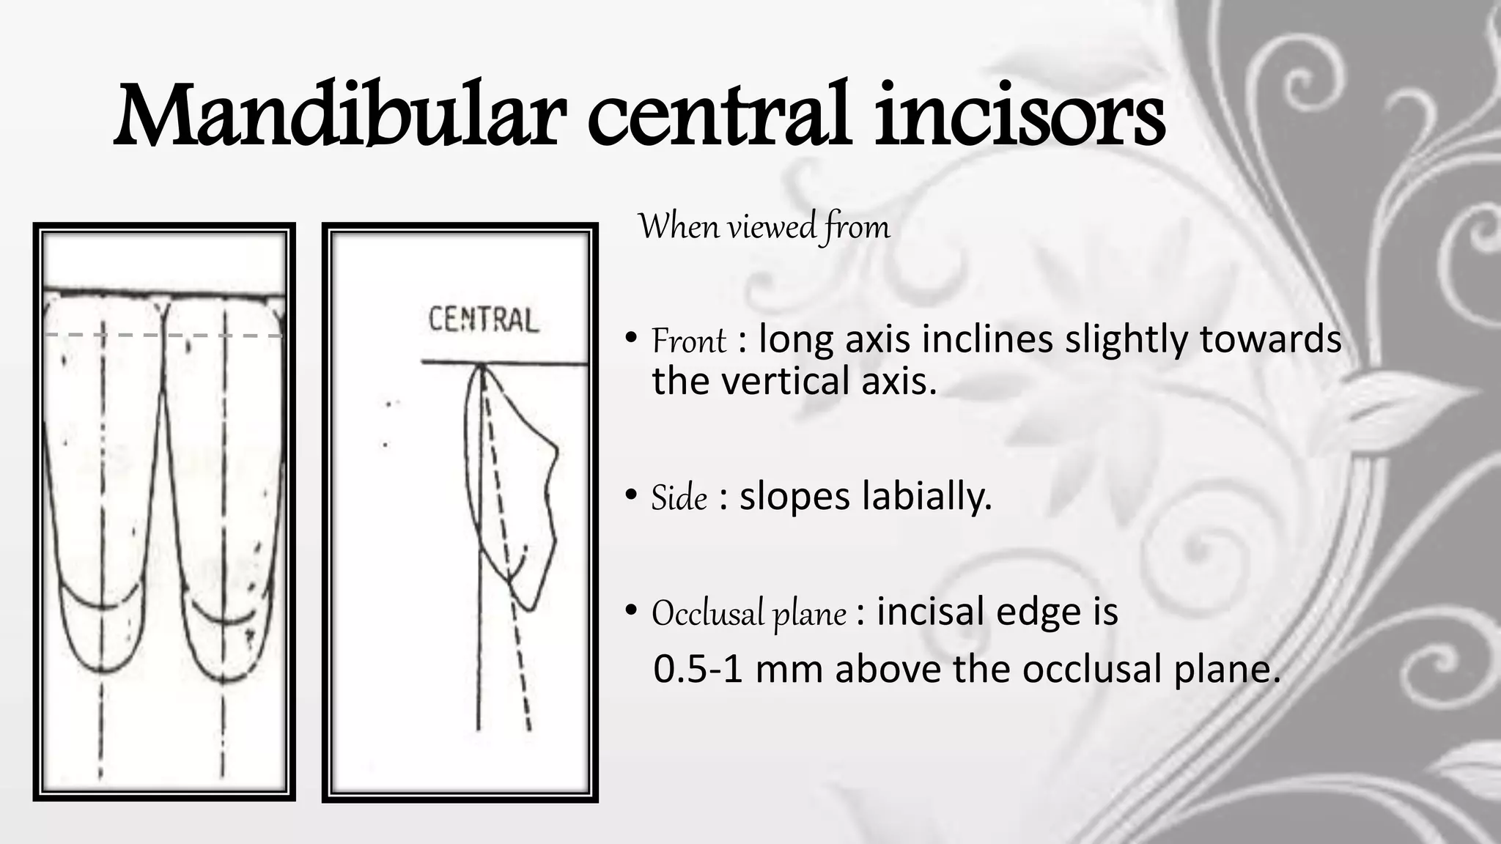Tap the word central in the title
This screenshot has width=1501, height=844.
click(718, 116)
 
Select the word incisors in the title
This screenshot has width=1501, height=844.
click(1019, 116)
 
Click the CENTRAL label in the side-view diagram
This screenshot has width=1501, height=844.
click(483, 320)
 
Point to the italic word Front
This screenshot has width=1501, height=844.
click(688, 341)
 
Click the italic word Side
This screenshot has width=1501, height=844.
click(679, 499)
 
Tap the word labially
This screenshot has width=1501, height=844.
click(926, 496)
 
